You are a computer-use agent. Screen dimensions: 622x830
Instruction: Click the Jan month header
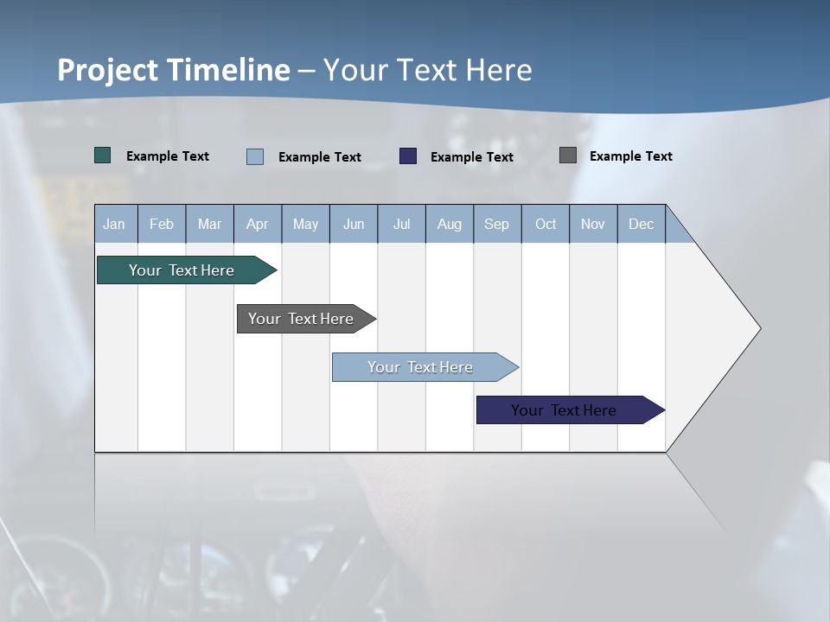(115, 224)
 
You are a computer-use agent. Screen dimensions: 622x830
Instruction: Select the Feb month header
(162, 224)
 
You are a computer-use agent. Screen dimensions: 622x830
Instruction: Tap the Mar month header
(209, 224)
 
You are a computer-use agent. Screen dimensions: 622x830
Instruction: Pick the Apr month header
(258, 224)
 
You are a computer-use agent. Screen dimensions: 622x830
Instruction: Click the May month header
(305, 224)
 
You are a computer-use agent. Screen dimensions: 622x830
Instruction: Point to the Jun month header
(354, 224)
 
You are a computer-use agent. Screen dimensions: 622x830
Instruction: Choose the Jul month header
(401, 224)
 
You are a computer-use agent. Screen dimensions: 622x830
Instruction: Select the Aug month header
(450, 224)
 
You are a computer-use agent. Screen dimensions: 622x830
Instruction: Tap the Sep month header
(497, 224)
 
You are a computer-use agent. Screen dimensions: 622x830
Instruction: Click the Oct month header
(546, 224)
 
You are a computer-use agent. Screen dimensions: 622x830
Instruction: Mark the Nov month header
(593, 224)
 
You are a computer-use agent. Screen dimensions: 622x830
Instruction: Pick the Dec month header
(642, 224)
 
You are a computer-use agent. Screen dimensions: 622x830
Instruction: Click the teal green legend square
(103, 155)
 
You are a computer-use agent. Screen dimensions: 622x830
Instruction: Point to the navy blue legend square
(408, 156)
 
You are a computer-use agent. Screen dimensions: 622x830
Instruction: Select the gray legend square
(568, 155)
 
